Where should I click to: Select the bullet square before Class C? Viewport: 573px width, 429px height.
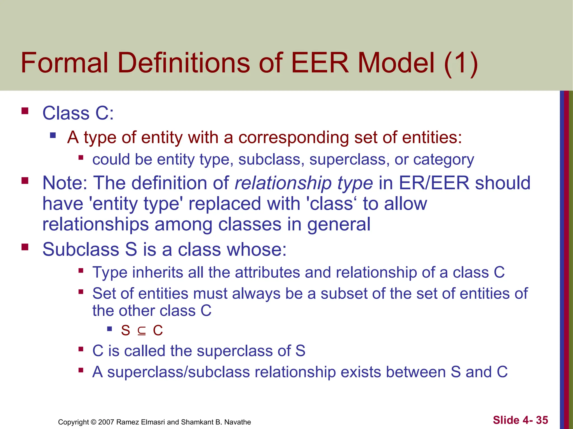click(25, 111)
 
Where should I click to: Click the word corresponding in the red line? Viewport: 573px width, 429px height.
click(293, 138)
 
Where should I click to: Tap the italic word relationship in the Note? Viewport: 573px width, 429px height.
click(283, 183)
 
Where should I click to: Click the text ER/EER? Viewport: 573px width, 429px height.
click(434, 183)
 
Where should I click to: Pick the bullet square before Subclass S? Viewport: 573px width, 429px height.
click(25, 247)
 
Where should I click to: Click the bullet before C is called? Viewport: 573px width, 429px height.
click(81, 349)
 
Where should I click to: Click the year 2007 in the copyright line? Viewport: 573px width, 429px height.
click(106, 422)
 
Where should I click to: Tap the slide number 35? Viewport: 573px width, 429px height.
click(542, 420)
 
